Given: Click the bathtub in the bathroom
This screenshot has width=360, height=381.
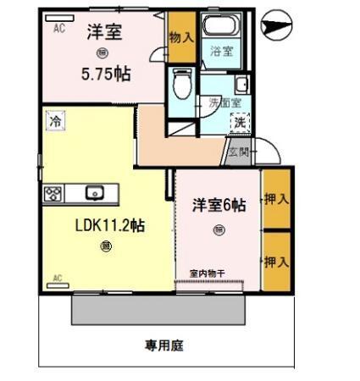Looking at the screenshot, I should [222, 24].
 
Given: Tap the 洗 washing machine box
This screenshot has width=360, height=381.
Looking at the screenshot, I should [242, 123].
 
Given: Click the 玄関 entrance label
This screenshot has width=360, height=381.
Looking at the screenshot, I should [238, 152].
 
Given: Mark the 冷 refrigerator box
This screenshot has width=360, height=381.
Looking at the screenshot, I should [55, 121].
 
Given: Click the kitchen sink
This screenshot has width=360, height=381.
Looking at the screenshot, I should [93, 192].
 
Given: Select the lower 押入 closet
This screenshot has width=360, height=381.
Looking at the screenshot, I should [276, 260].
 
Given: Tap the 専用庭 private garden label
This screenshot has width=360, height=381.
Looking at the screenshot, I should [164, 345].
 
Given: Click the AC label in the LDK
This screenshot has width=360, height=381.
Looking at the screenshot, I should [58, 278].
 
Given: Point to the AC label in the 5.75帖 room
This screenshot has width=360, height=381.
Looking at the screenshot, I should [59, 28].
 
